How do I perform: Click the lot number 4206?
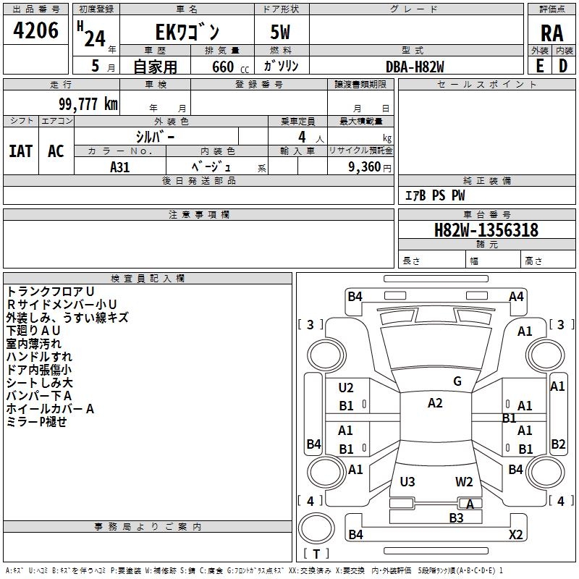[36, 30]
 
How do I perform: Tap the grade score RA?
[551, 33]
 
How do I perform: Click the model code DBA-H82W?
[415, 67]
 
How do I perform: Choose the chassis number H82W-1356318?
[486, 230]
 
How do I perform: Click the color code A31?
[120, 166]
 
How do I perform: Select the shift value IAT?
[20, 151]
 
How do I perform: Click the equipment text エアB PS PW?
[434, 195]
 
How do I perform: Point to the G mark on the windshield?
[457, 381]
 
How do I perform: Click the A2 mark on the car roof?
[435, 403]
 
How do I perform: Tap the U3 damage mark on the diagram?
[407, 481]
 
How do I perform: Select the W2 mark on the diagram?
[464, 481]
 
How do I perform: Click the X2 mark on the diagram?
[515, 534]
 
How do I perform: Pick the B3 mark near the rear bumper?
[456, 517]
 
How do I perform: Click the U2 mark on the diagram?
[346, 388]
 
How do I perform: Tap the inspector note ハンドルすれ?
[39, 357]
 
